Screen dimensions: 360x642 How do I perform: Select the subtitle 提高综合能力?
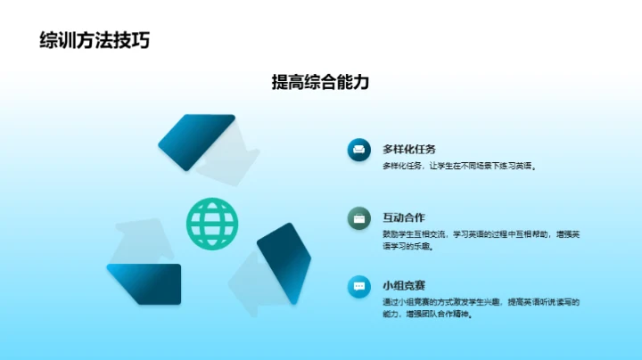[x=320, y=83]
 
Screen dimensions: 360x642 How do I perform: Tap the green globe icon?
[x=213, y=223]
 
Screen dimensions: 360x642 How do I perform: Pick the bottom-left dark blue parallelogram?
[x=144, y=282]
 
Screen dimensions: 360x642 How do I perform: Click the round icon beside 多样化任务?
[x=358, y=150]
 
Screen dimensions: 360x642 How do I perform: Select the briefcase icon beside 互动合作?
[x=358, y=217]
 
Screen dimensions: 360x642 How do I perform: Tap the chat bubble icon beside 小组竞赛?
[x=358, y=286]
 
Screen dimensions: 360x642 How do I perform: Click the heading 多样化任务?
[x=409, y=149]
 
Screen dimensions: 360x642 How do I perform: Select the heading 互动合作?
[x=403, y=217]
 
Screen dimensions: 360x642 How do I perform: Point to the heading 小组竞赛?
[x=403, y=285]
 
